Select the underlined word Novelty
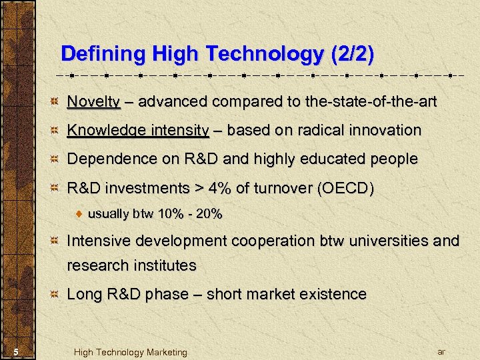93,102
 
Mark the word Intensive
101,241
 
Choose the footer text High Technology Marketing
131,352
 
